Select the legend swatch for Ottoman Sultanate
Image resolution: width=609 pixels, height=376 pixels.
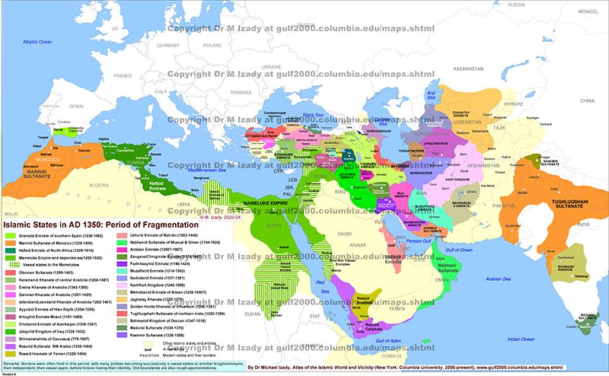[12, 272]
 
